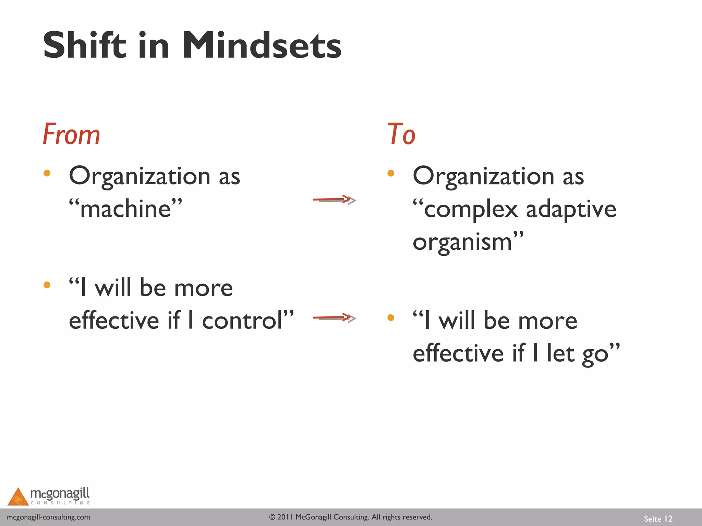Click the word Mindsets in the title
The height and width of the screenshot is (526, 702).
[x=262, y=46]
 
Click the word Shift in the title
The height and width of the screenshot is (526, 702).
[x=84, y=46]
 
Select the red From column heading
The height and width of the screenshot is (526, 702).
[x=71, y=134]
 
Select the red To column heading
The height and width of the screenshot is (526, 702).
[x=401, y=134]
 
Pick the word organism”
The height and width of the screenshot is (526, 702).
[x=468, y=242]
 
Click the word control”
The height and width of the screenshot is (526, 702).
[x=247, y=321]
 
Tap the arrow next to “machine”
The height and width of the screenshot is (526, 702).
[x=335, y=200]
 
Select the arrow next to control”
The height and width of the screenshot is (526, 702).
[x=335, y=318]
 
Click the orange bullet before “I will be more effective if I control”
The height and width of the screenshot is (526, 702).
[x=47, y=285]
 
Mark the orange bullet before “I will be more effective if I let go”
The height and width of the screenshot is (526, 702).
[x=391, y=318]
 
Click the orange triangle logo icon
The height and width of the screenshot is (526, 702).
[x=18, y=497]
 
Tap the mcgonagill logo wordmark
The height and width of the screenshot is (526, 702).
[x=60, y=494]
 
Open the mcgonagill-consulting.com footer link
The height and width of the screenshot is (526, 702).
[x=49, y=517]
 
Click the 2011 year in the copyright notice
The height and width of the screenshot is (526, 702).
[x=285, y=517]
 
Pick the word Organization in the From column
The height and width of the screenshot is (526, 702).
[x=140, y=176]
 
